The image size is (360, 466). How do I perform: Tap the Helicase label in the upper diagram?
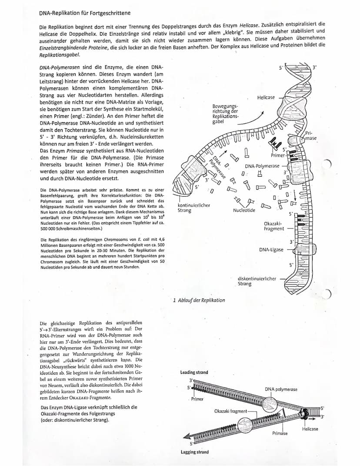[x=266, y=97]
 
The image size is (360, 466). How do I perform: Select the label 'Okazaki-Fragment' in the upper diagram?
[x=273, y=226]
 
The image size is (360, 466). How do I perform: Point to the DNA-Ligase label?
[x=271, y=250]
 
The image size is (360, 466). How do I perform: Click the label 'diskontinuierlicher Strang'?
[x=257, y=281]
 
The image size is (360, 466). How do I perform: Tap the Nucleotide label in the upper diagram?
[x=244, y=211]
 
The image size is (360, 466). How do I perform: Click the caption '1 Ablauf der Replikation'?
[x=199, y=300]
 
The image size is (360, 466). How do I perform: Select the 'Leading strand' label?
[x=194, y=372]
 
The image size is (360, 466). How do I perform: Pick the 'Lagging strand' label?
[x=194, y=452]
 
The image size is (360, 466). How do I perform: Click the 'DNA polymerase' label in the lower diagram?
[x=281, y=389]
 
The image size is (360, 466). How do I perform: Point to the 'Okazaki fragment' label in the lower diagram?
[x=230, y=411]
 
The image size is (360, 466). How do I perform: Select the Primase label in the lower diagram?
[x=280, y=433]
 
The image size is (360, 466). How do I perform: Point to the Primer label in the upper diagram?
[x=277, y=155]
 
